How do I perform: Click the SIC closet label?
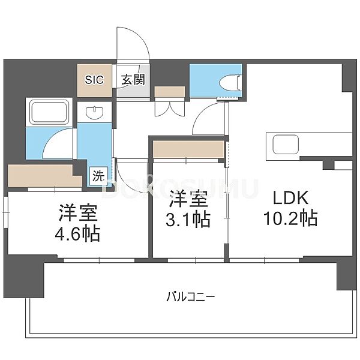point(94,80)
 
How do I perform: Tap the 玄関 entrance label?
point(133,80)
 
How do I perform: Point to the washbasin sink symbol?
point(94,112)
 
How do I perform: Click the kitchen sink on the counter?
point(286,145)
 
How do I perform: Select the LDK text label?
point(290,198)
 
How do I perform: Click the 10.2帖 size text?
point(290,218)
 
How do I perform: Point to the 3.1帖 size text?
point(188,220)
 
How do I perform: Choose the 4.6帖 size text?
point(77,234)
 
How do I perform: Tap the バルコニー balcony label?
point(191,297)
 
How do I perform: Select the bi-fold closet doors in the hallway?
point(170,107)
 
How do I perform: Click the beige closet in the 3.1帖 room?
point(188,149)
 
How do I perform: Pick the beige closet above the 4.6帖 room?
point(45,175)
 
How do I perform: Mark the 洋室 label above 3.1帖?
point(188,199)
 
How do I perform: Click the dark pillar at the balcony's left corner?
point(24,276)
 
